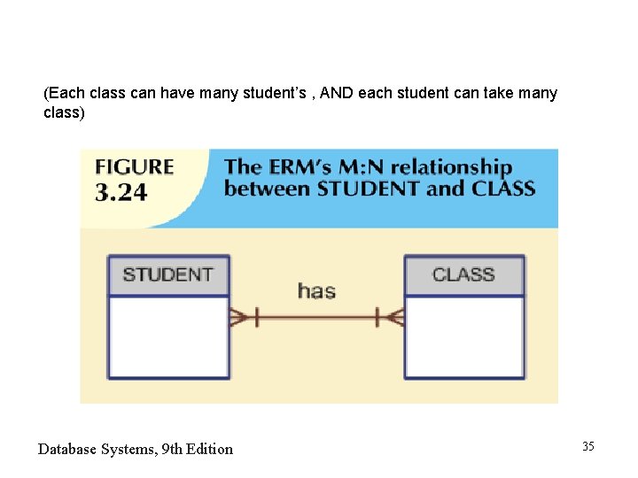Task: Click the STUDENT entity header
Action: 167,274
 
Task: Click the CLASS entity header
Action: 463,274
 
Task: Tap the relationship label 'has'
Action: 316,290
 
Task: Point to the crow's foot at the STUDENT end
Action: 240,317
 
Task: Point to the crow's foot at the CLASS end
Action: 393,317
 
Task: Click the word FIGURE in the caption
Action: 134,167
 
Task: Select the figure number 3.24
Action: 121,192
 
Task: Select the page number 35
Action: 588,446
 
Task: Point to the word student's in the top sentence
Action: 273,93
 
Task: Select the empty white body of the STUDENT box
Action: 167,336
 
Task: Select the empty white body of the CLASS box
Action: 463,336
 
